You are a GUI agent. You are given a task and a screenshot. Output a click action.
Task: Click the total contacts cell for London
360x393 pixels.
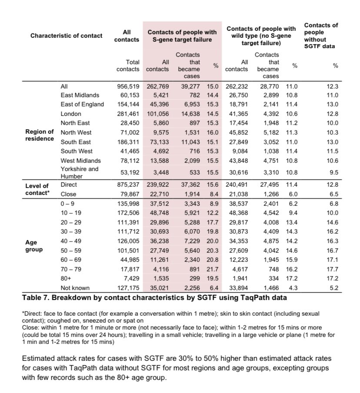(x=128, y=113)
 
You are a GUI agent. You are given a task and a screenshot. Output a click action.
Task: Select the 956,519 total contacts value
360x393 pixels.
(x=128, y=86)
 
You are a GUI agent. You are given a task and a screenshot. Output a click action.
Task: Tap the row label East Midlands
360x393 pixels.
(x=80, y=95)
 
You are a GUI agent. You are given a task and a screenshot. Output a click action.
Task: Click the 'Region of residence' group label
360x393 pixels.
(x=39, y=135)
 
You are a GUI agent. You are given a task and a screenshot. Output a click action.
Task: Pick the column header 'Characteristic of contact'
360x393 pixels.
(x=66, y=36)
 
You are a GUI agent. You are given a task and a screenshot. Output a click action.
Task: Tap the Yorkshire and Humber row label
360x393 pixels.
(x=79, y=172)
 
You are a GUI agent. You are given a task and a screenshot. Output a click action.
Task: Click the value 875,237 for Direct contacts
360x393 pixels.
(x=128, y=185)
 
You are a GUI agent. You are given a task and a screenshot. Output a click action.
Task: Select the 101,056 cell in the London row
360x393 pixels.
(x=158, y=113)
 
